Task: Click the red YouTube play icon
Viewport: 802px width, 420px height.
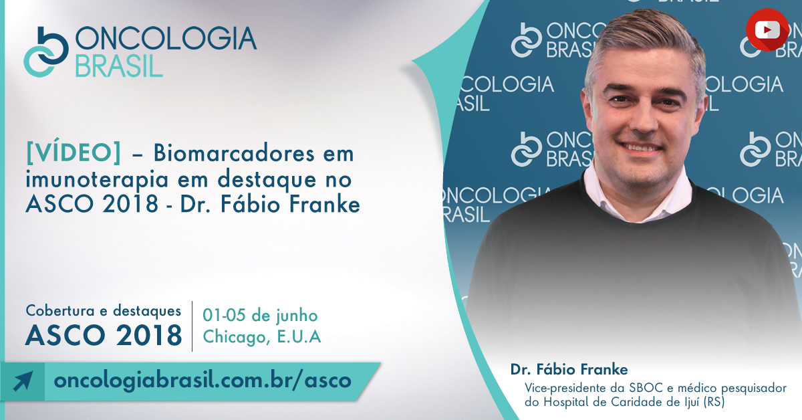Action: click(767, 29)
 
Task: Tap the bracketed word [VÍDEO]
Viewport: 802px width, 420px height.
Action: click(74, 153)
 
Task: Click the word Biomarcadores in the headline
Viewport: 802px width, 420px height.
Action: click(234, 153)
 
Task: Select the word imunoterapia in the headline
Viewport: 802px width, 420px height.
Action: click(97, 179)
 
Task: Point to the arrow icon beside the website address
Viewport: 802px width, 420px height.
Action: click(23, 381)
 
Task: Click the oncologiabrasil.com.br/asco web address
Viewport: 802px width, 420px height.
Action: click(203, 381)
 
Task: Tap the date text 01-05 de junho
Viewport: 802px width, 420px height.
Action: click(260, 316)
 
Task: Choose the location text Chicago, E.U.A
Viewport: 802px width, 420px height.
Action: click(262, 337)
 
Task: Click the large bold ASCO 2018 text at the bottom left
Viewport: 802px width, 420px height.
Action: click(104, 336)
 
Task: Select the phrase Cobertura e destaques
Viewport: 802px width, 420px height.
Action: click(104, 311)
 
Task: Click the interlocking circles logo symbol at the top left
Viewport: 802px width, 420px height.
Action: click(46, 52)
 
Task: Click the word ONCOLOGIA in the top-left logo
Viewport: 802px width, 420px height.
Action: click(166, 38)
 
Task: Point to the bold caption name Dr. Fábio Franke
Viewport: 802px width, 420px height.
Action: click(569, 369)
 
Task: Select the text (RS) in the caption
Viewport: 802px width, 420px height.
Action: click(714, 402)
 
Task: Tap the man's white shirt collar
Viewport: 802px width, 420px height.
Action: click(637, 193)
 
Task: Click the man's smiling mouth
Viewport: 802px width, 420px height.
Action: click(641, 148)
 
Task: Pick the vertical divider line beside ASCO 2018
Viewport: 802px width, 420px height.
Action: click(192, 326)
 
